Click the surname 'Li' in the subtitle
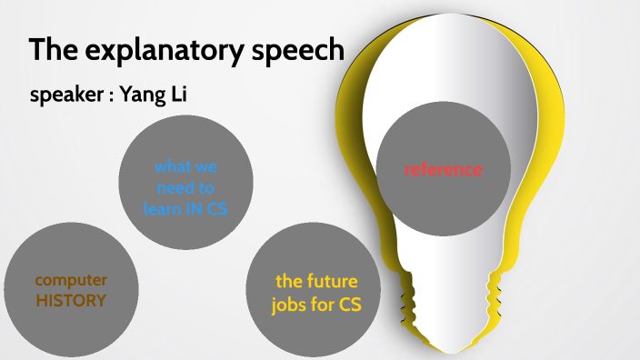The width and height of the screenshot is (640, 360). [176, 95]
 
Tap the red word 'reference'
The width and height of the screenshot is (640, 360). [443, 169]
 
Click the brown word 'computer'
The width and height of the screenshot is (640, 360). [71, 280]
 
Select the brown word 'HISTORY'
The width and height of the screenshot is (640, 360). [71, 300]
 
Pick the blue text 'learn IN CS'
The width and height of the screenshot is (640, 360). [185, 208]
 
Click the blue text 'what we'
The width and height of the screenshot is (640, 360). [185, 167]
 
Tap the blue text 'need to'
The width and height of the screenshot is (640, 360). [185, 188]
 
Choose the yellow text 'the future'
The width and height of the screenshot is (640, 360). [316, 281]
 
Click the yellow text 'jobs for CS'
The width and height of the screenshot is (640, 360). [316, 305]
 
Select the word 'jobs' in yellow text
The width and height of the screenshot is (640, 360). [290, 305]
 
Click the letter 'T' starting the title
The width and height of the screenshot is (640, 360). [36, 50]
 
